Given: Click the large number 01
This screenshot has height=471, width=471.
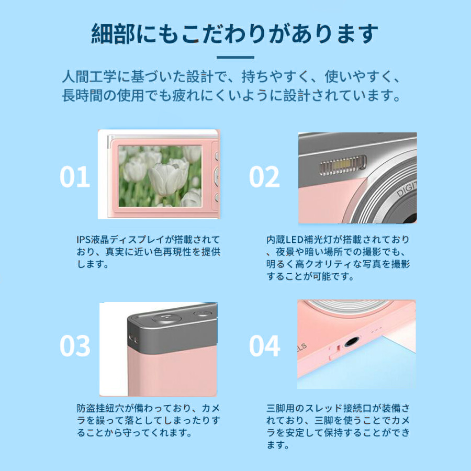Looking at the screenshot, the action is (75, 177).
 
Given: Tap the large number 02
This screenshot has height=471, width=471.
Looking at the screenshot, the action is (264, 177).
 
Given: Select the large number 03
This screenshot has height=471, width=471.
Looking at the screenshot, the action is (75, 346).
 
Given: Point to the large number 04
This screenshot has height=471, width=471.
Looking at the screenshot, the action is (265, 346).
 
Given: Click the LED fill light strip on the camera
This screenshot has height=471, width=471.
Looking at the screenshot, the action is (343, 165).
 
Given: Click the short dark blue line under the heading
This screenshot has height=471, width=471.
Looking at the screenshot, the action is (235, 58).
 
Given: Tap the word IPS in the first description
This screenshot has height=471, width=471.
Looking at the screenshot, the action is (84, 240).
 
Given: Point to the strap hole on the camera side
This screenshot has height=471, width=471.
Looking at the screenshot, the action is (133, 338).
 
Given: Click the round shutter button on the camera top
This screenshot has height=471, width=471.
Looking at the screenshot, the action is (167, 318).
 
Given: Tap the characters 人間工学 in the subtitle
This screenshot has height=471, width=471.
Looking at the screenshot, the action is (89, 76).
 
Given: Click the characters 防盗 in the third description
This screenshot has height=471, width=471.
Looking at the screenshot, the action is (86, 408).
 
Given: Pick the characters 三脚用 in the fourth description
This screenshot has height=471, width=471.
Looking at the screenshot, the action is (281, 408).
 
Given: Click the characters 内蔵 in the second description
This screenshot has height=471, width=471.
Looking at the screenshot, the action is (276, 240).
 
